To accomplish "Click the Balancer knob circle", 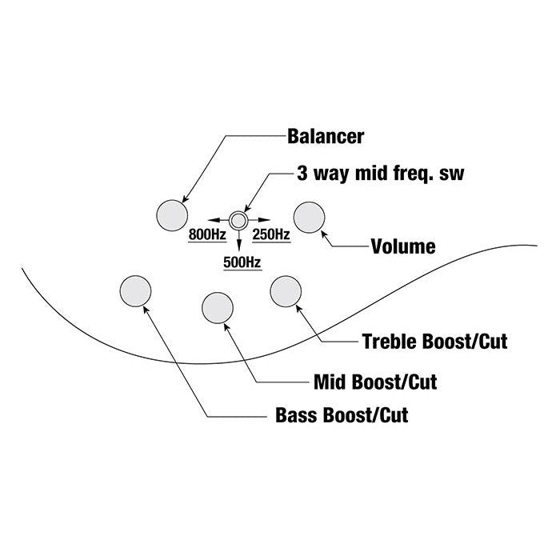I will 170,214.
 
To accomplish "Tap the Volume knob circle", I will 310,216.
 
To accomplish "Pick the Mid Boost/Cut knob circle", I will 218,307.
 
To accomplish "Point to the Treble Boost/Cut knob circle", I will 286,291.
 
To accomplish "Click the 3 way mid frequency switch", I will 238,218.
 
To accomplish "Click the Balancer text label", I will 326,136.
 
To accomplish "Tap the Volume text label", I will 403,246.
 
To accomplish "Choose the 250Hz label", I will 271,234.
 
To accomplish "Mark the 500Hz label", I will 241,262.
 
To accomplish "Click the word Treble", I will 388,342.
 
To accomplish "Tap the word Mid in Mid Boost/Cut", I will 330,381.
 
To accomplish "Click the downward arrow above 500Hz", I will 238,241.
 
